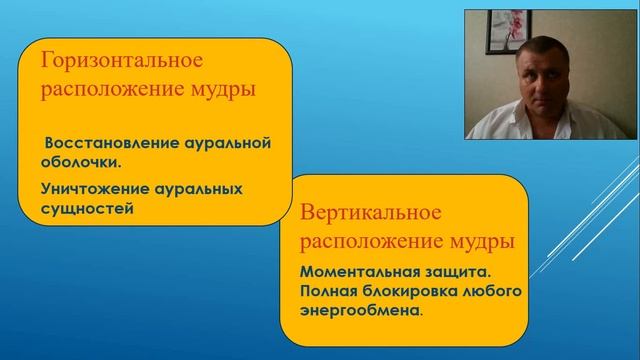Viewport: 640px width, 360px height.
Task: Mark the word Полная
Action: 329,290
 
